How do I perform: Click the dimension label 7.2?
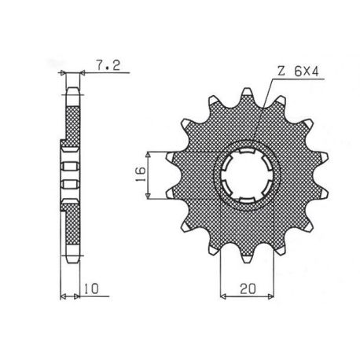tap(108, 65)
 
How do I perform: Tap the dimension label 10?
tap(91, 288)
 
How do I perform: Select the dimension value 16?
tap(141, 174)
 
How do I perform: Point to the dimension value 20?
tap(248, 288)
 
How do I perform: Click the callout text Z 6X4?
tap(298, 71)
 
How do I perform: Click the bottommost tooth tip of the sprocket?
tap(247, 262)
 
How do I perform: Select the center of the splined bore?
tap(247, 175)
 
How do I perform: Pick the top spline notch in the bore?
tap(247, 151)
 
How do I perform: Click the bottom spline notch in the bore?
tap(247, 200)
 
